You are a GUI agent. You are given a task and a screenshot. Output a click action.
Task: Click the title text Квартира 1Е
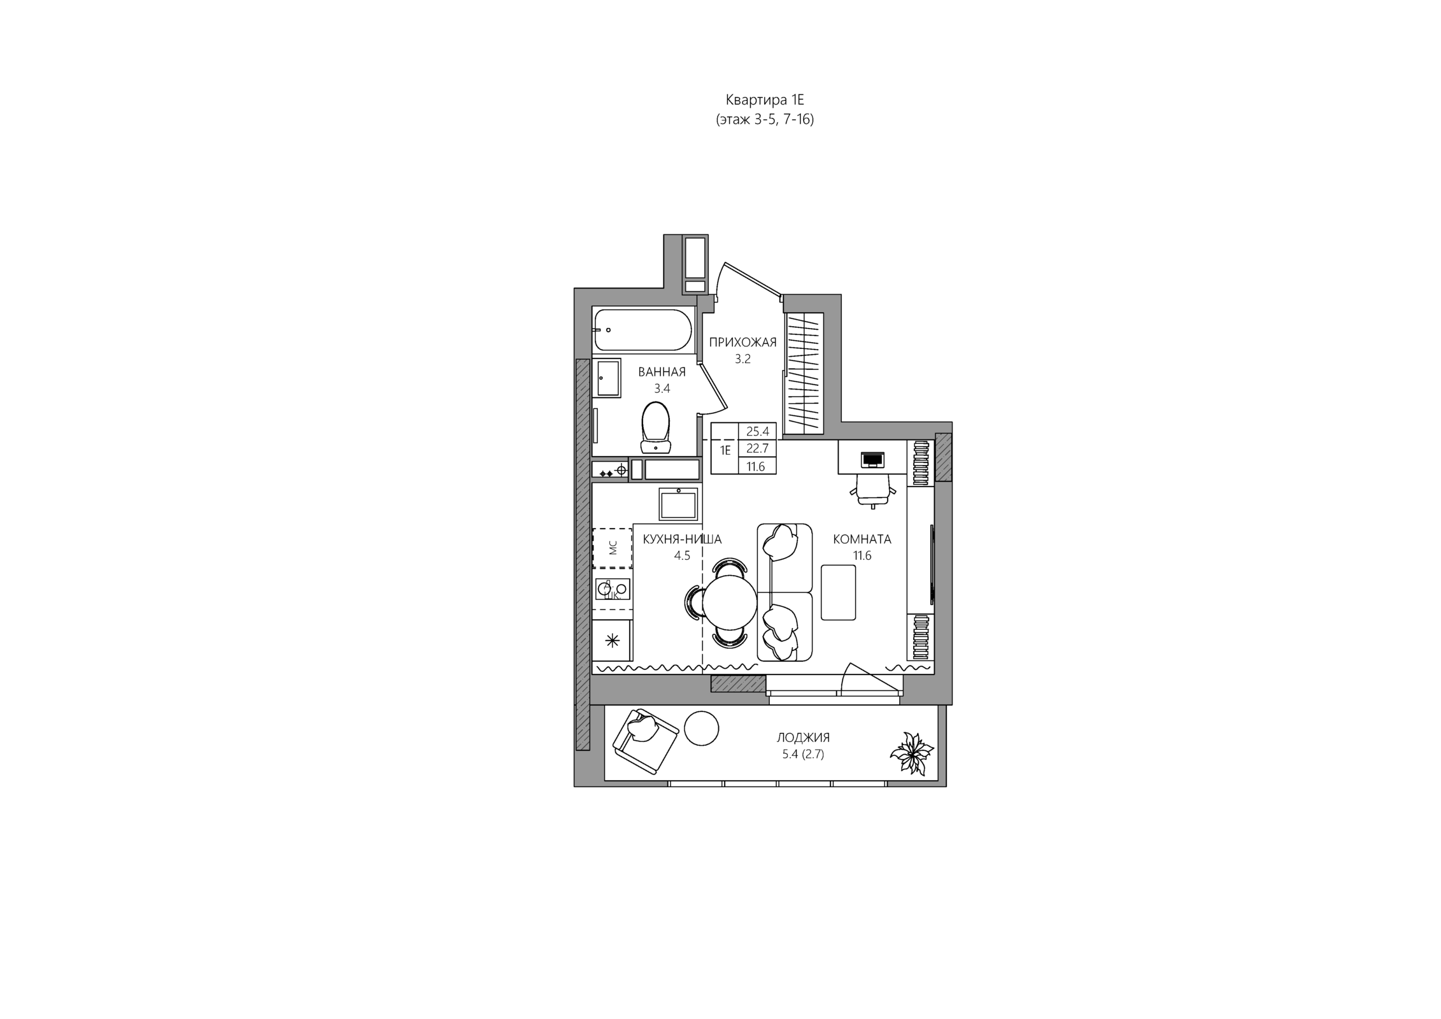765,100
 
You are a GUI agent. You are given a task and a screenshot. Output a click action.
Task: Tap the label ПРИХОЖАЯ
742,343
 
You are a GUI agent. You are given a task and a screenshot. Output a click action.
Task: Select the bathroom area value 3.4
662,388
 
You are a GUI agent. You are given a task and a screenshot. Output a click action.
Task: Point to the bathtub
642,330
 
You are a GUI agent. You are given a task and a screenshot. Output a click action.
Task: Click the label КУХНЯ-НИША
682,539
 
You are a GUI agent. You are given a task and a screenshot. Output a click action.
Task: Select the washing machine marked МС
612,547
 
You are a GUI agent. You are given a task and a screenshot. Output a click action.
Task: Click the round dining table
730,602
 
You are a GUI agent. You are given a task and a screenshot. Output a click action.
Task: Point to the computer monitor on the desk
872,460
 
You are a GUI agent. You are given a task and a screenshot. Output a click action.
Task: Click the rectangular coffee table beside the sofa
838,592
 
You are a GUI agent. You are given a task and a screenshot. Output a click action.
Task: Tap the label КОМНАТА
862,539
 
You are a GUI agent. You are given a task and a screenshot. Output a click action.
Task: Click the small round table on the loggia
702,728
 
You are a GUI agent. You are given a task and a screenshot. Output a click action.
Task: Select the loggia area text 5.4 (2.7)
803,755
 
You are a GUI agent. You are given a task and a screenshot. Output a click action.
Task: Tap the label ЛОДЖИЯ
803,738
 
